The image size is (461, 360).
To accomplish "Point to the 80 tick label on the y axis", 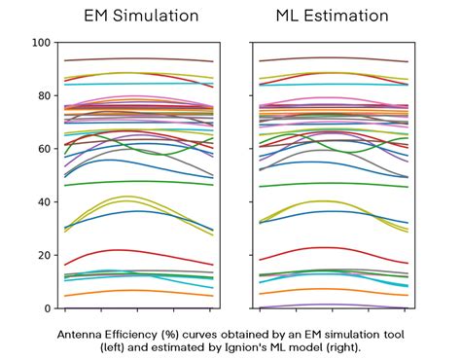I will coord(42,96).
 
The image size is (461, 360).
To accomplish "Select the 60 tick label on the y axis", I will coord(42,149).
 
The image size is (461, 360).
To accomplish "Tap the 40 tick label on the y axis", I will coord(42,202).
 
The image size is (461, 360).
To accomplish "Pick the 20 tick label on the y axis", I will coord(42,255).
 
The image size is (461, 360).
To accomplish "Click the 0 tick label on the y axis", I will coord(46,308).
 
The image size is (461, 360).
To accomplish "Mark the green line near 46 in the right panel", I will coord(331,184).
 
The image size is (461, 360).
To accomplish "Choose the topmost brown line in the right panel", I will coord(331,59).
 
